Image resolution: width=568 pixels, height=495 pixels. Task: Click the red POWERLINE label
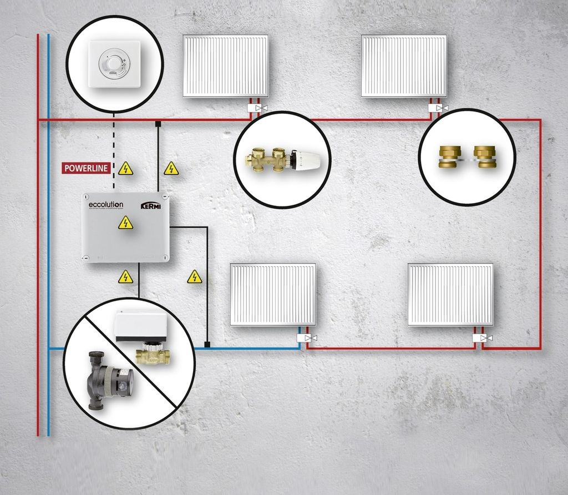[x=87, y=168]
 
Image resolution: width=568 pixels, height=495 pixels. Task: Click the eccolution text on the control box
[x=106, y=205]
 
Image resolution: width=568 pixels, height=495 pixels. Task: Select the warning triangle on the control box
[x=126, y=223]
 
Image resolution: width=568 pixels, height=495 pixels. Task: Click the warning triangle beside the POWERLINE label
[x=126, y=169]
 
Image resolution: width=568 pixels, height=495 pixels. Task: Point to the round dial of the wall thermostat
[x=111, y=64]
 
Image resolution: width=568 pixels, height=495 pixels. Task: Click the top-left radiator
[x=226, y=66]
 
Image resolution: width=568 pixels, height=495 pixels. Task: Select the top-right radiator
[x=404, y=66]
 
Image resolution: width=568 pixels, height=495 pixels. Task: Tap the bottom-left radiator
[x=273, y=294]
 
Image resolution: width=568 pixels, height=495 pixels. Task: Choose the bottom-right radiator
[x=450, y=294]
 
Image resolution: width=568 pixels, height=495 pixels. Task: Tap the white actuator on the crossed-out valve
[x=140, y=327]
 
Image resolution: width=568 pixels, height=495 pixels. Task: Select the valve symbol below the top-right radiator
[x=438, y=108]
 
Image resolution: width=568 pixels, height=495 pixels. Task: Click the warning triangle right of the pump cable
[x=194, y=276]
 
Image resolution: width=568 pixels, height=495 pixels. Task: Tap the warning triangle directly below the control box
[x=126, y=276]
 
